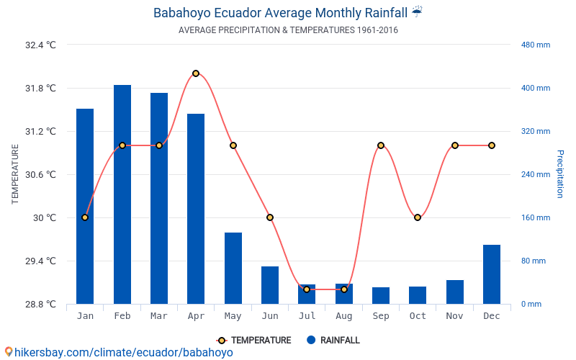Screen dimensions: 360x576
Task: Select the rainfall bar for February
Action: [x=122, y=194]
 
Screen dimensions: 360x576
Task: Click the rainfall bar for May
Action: [x=233, y=268]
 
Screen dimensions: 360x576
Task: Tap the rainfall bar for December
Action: [x=492, y=274]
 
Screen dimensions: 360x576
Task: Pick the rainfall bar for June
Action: [x=270, y=285]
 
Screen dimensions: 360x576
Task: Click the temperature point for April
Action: [x=196, y=73]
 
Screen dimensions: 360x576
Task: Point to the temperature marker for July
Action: [x=307, y=289]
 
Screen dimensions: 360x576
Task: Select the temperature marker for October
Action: [x=418, y=217]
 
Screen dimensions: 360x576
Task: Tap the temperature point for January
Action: [x=85, y=217]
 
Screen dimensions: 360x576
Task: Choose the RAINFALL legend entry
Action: [x=333, y=341]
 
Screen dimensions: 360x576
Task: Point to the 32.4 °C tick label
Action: [x=40, y=45]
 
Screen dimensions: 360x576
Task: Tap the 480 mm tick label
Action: [x=536, y=45]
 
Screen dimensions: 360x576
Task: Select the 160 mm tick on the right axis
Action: [x=536, y=217]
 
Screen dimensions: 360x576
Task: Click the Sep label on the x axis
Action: [x=381, y=316]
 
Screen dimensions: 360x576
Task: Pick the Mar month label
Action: [x=159, y=316]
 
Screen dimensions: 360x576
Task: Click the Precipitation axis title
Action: [x=560, y=174]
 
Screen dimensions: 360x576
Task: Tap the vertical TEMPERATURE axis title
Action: [x=15, y=174]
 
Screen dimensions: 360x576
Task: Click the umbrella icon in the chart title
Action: [x=418, y=12]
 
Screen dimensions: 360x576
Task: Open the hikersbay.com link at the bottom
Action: [x=119, y=352]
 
